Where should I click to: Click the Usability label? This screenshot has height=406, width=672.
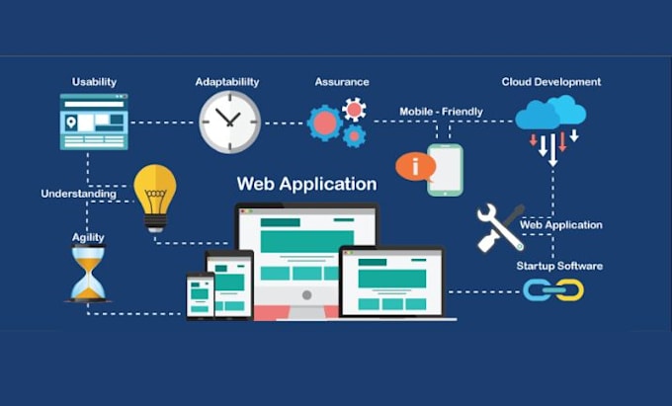94,82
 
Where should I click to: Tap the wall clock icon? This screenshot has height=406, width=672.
229,122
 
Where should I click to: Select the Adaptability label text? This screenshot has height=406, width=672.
227,82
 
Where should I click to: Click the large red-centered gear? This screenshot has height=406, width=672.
324,122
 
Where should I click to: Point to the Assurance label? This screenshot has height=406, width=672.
342,82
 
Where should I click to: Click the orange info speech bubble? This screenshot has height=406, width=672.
415,167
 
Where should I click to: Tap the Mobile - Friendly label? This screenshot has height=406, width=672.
441,112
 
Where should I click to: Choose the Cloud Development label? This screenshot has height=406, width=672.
551,82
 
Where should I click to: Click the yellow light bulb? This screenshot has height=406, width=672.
155,198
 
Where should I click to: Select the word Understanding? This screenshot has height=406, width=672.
78,194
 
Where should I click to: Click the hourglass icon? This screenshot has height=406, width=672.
88,274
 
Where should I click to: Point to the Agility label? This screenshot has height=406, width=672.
88,238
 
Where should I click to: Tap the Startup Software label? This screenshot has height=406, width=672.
559,266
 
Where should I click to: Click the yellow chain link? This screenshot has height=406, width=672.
570,290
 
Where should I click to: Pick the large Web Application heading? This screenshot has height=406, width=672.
307,184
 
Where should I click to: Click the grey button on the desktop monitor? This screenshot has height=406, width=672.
307,295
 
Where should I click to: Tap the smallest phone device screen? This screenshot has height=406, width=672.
200,296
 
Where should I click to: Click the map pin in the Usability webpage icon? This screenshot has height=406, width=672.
71,122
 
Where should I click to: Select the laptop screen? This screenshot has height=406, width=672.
392,283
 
